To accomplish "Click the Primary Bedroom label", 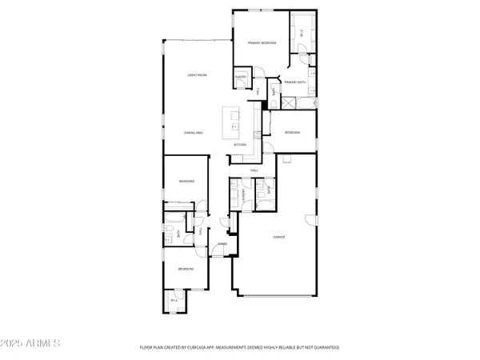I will (261, 42).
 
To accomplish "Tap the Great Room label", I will (198, 75).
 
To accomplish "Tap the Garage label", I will (280, 238).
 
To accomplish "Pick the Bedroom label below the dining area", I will (186, 182).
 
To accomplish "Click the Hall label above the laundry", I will (254, 171).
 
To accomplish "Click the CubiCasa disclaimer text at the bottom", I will (240, 347).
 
